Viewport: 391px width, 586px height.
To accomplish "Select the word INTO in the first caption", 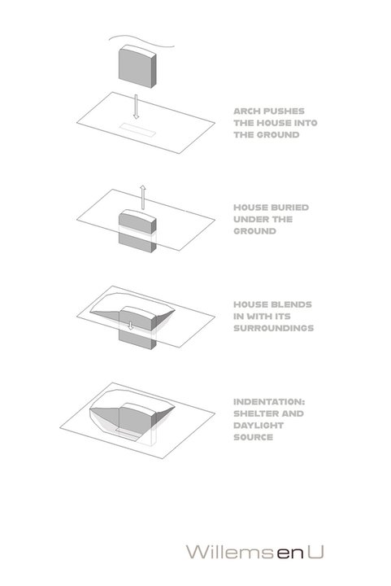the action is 306,123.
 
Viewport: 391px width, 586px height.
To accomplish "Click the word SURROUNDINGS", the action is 273,328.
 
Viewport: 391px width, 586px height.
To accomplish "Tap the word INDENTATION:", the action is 269,402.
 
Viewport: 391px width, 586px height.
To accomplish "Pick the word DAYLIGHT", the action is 258,426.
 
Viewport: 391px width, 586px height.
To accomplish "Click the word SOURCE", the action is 253,437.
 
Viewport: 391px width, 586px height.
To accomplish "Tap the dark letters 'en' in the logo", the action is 290,553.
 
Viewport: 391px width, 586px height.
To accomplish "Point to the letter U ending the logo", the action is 316,552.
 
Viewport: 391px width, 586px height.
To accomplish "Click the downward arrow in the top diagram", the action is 136,107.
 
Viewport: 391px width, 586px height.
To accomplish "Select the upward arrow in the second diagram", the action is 142,197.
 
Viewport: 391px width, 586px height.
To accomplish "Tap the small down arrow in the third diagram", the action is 130,326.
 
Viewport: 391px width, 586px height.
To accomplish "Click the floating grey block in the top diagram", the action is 137,67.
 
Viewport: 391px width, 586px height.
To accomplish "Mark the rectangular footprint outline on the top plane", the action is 137,129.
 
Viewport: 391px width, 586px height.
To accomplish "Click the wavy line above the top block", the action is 141,40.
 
